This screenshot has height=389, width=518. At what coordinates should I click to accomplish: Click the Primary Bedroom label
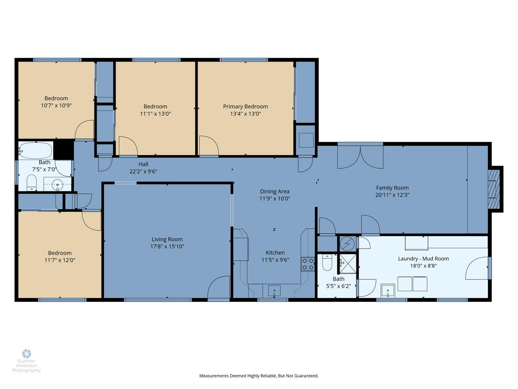[246, 107]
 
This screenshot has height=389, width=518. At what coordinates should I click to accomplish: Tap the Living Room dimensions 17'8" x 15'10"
[167, 246]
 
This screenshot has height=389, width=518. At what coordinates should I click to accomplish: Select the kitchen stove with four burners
[308, 264]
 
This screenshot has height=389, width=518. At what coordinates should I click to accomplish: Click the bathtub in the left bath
[36, 150]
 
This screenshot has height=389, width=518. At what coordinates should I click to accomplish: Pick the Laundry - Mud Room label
[423, 259]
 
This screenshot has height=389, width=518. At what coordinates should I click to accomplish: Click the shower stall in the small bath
[348, 264]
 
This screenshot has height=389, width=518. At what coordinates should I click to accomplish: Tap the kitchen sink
[274, 291]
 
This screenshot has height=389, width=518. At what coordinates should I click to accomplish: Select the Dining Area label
[275, 191]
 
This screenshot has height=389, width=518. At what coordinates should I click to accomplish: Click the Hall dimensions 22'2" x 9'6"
[143, 172]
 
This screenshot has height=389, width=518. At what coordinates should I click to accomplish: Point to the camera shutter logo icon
[26, 354]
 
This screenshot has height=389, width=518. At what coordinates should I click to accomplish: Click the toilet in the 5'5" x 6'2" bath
[327, 263]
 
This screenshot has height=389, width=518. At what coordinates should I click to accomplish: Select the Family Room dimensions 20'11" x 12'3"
[392, 195]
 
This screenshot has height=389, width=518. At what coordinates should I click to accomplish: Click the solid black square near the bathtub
[64, 149]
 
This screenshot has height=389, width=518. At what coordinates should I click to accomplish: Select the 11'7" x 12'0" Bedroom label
[60, 256]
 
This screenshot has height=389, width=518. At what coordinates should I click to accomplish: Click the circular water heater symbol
[347, 244]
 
